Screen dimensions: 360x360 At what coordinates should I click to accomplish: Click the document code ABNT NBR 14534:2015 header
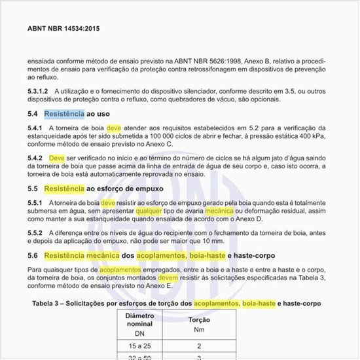pos(63,29)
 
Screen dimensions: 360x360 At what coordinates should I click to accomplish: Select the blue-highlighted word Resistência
pos(64,114)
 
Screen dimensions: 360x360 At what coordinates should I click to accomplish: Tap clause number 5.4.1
pos(35,128)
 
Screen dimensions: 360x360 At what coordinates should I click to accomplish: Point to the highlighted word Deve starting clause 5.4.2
pos(57,158)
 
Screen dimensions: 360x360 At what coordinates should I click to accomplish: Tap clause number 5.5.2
pos(35,234)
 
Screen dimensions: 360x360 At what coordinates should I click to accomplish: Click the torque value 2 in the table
pos(199,345)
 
